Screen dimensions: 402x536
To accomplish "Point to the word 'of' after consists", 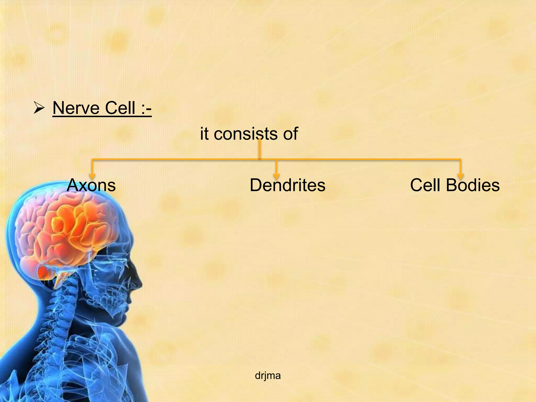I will pos(290,134).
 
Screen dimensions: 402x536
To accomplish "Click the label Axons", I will pos(91,185).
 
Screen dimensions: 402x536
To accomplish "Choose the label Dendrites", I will pos(287,185).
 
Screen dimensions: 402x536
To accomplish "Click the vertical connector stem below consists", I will pos(260,150).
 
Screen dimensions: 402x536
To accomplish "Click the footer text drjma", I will pos(268,376).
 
